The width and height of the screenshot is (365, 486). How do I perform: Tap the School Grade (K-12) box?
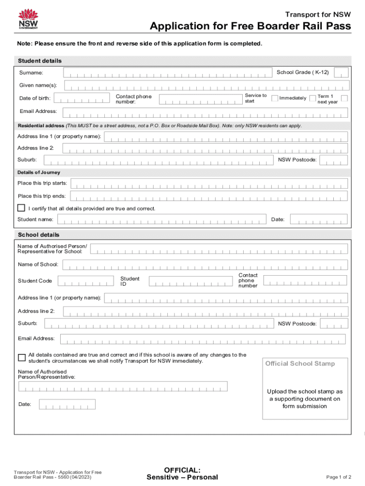(341, 73)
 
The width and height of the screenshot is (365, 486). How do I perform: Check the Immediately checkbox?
(274, 98)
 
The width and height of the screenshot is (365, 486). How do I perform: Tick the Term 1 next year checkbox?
(345, 98)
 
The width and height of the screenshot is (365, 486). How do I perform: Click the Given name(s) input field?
(207, 85)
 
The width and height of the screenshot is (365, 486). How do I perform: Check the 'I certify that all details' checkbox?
(21, 208)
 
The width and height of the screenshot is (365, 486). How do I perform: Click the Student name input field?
(162, 219)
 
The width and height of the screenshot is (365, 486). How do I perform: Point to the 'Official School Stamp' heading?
(300, 364)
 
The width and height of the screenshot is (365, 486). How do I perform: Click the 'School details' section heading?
(39, 235)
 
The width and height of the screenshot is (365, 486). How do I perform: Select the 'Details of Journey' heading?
(39, 172)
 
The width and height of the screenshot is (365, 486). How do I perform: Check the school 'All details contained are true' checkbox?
(22, 357)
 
